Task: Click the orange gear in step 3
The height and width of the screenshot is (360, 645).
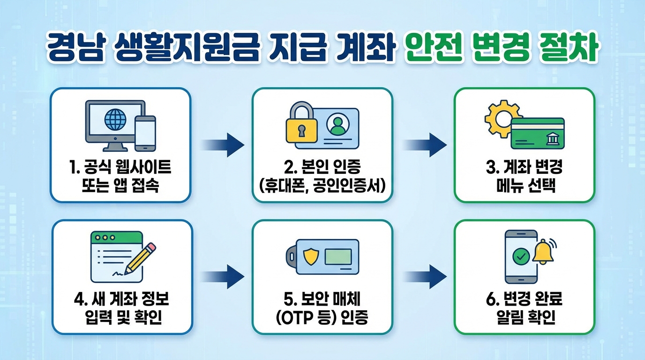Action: click(x=499, y=118)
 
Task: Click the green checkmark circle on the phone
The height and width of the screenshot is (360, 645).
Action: click(x=521, y=256)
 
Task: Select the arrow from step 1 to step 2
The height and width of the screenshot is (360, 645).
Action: click(x=223, y=144)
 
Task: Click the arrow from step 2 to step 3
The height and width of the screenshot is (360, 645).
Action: click(x=425, y=144)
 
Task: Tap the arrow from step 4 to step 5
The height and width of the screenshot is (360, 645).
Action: click(x=223, y=276)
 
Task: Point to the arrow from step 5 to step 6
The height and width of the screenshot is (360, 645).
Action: click(x=425, y=276)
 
